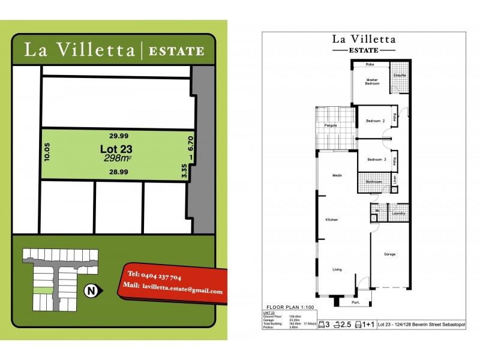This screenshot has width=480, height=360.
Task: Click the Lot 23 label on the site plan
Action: point(116,149)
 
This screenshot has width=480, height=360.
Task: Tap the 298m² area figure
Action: point(118,158)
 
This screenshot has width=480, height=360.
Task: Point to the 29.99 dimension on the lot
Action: point(118,136)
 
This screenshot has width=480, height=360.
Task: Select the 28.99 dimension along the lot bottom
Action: point(118,172)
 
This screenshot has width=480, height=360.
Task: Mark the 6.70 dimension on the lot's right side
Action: point(190,143)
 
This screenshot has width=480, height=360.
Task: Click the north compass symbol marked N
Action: point(91,292)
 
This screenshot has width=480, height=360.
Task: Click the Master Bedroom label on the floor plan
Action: point(373,82)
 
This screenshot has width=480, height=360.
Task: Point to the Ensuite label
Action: point(400,76)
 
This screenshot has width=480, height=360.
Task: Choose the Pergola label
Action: point(330,125)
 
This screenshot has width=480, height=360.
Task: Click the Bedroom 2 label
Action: point(375,121)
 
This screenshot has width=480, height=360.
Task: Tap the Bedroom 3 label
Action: point(376,160)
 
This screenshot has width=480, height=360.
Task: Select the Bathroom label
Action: point(374,181)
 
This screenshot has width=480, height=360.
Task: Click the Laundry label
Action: point(398,213)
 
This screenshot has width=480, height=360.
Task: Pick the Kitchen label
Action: point(332,220)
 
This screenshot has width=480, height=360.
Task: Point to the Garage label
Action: point(390,254)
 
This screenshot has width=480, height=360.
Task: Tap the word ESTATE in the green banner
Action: point(176,50)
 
